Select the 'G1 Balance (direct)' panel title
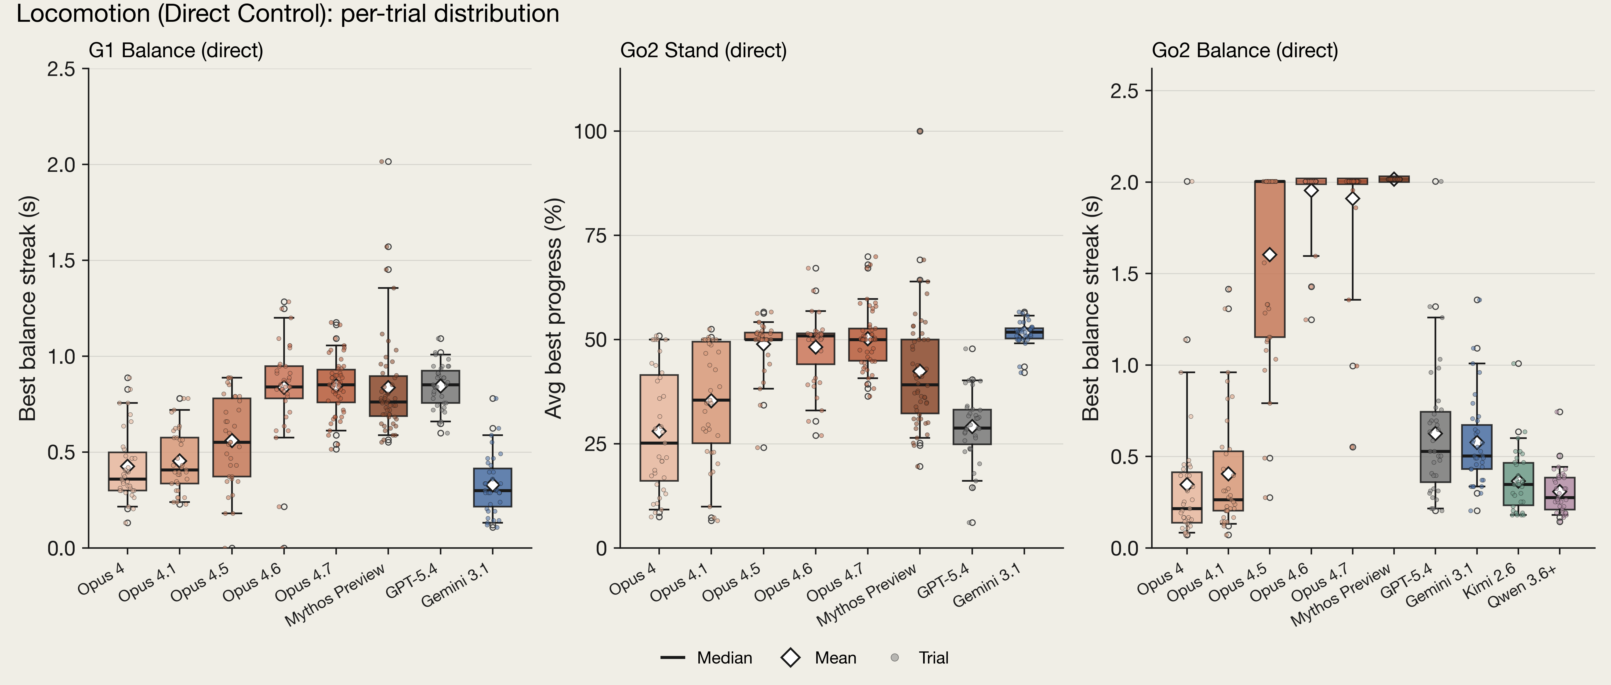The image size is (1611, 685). (176, 51)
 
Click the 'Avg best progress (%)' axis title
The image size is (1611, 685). (554, 308)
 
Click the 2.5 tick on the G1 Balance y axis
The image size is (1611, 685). (61, 69)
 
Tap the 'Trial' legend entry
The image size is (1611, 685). (919, 658)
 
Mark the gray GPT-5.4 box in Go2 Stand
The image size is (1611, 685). (972, 427)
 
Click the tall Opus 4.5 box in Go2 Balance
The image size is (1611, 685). (1269, 259)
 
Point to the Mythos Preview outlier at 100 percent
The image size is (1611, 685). (919, 131)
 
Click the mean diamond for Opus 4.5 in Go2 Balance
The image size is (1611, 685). (1269, 255)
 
